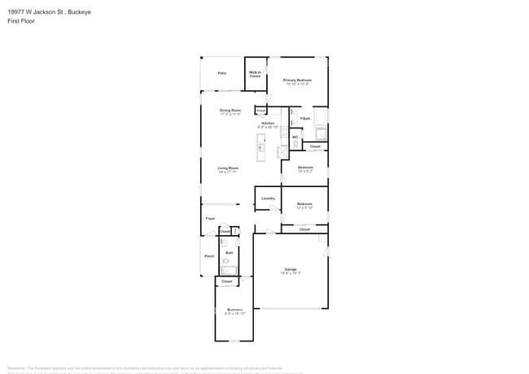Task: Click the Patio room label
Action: point(221,73)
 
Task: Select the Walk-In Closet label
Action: point(255,74)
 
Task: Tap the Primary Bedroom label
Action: point(297,80)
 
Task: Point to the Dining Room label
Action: point(230,111)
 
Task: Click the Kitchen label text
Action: point(268,124)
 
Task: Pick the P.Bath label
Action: point(305,119)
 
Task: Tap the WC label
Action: point(295,137)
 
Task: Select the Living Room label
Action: point(228,168)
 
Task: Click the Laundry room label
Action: point(268,198)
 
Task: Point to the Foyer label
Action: point(210,219)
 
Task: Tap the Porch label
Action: point(209,257)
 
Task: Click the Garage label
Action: point(291,269)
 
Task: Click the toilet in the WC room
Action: point(296,144)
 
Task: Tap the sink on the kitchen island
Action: point(260,147)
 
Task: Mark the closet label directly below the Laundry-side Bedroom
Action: point(304,229)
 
